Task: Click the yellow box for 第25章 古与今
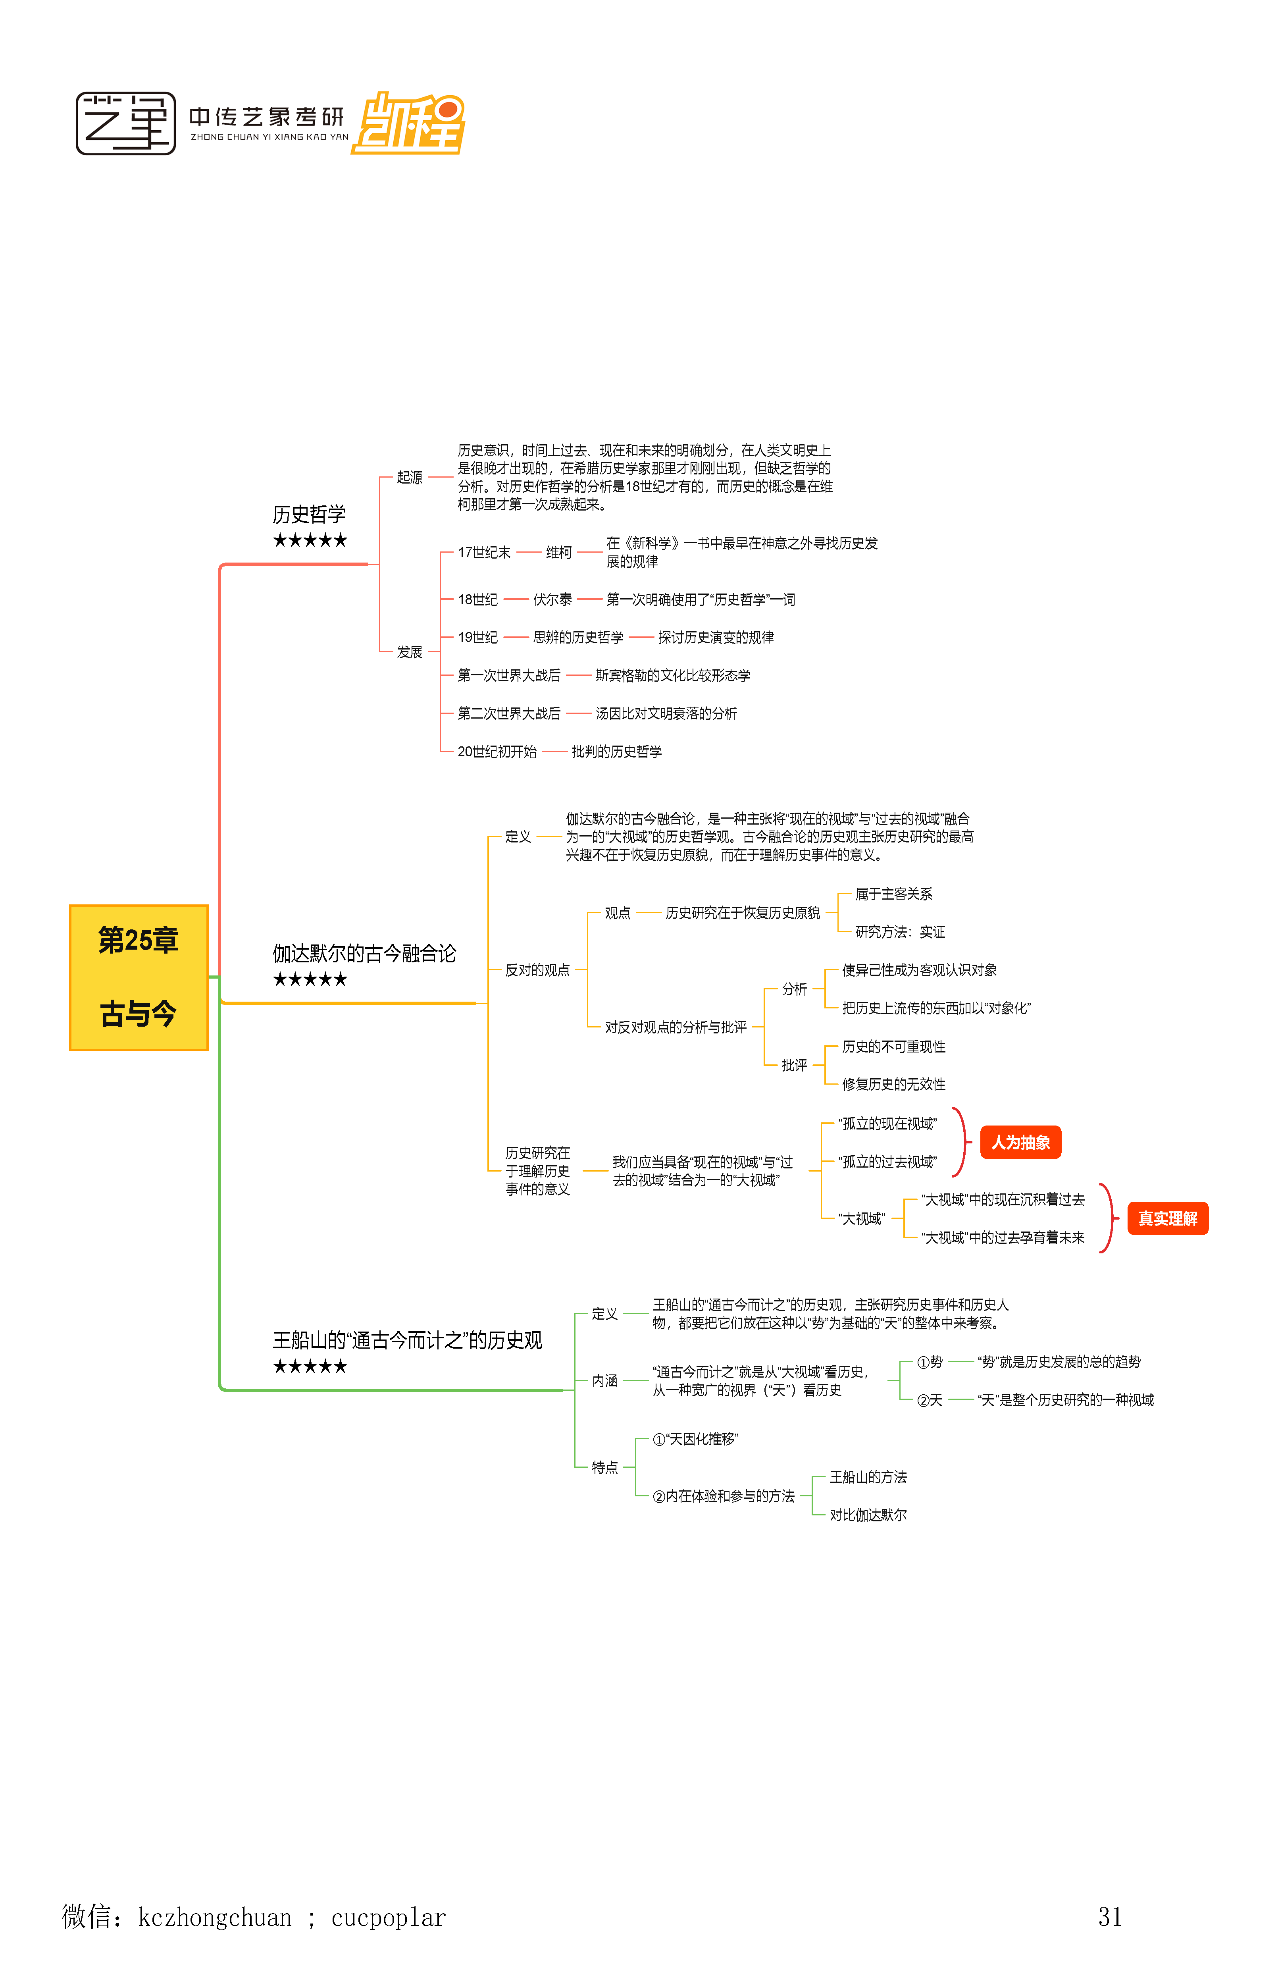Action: tap(139, 977)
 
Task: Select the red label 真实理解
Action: tap(1166, 1218)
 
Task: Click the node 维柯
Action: tap(558, 552)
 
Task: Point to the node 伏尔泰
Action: tap(552, 599)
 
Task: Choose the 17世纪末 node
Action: tap(484, 552)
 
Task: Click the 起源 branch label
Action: tap(409, 477)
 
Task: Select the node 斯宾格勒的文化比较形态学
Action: tap(672, 675)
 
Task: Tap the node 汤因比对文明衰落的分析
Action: tap(666, 713)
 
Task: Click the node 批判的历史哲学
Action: tap(616, 751)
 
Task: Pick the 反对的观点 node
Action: tap(537, 969)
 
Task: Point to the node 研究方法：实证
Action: tap(899, 932)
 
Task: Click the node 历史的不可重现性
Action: tap(893, 1047)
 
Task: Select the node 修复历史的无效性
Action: tap(893, 1084)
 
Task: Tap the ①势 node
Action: tap(930, 1362)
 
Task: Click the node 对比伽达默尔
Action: tap(868, 1515)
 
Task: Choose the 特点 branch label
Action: tap(605, 1467)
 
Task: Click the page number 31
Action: tap(1110, 1916)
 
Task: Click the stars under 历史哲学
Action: tap(310, 540)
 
